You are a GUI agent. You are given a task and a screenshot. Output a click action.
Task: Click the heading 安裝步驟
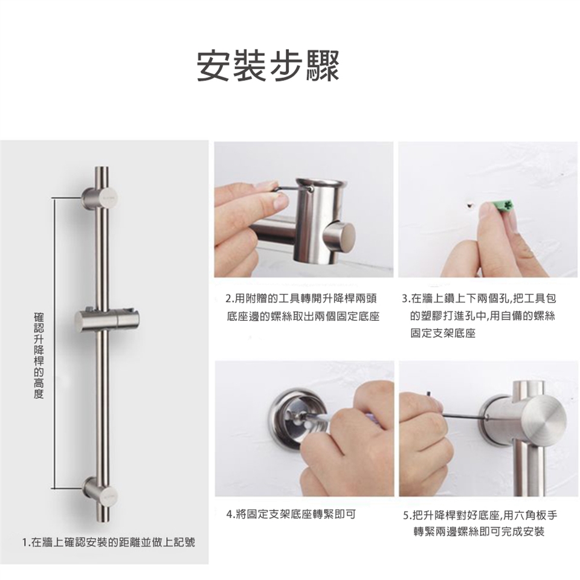268,65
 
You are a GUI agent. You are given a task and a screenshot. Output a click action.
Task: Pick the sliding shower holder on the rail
108,319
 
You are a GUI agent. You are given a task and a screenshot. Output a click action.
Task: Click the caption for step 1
109,543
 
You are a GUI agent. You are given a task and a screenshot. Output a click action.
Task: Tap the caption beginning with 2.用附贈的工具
303,307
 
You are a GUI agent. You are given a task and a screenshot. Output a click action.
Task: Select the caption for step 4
291,514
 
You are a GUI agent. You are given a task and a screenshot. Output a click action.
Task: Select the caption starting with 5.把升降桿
480,523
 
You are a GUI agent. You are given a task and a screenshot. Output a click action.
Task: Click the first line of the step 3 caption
479,298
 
